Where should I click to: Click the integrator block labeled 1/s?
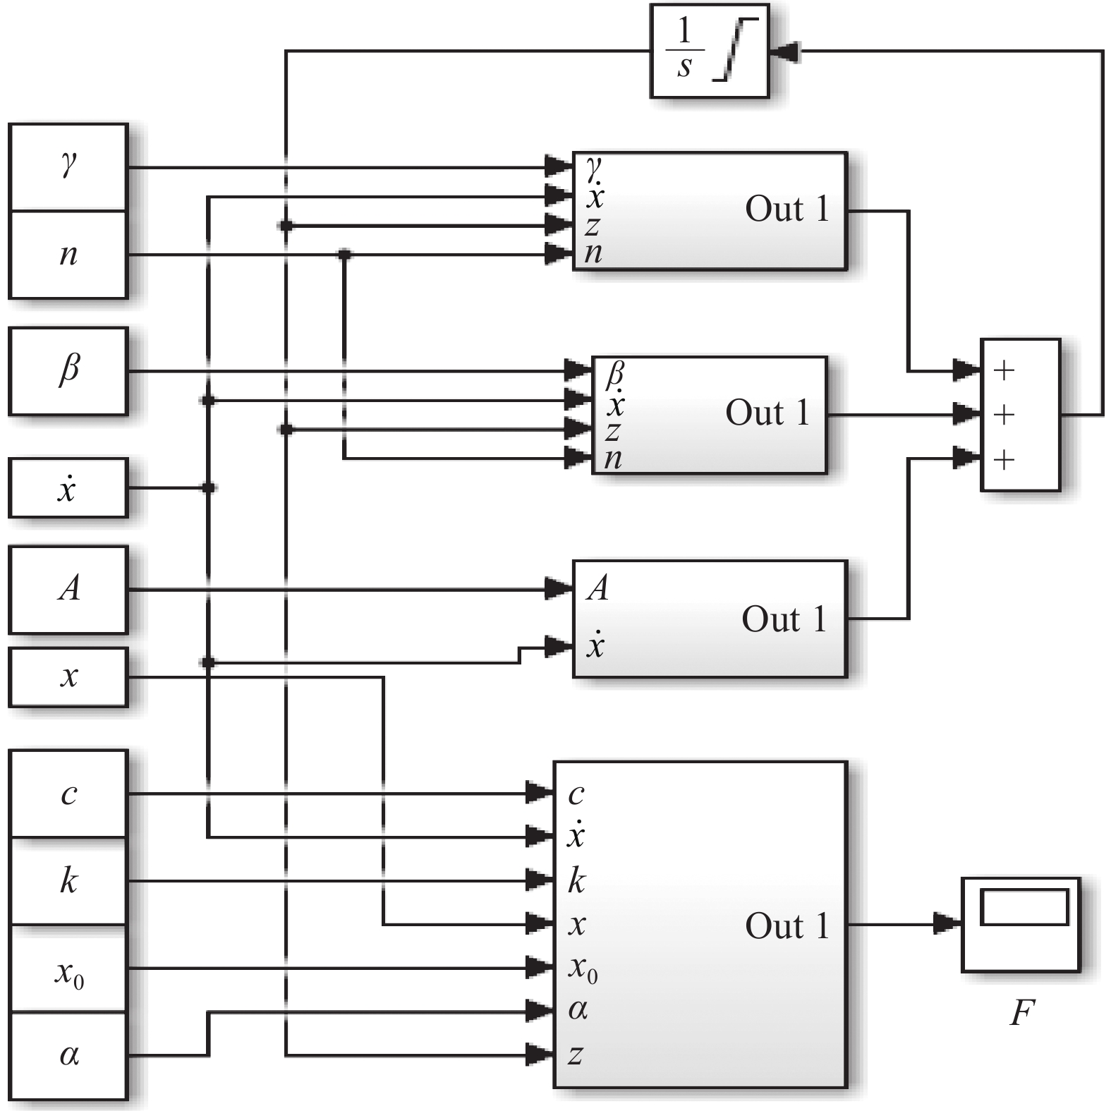coord(708,51)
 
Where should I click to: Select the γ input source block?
coord(68,167)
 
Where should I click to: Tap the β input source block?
coord(68,370)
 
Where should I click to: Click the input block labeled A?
coord(68,589)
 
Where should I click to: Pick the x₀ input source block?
coord(68,969)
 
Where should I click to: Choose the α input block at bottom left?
coord(68,1055)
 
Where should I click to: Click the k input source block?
coord(68,881)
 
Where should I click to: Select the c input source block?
coord(68,794)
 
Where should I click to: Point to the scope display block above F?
coord(1021,924)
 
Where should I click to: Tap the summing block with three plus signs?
coord(1020,414)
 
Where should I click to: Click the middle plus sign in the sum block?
coord(1003,415)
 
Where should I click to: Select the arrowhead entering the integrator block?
coord(784,51)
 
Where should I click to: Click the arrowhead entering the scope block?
coord(947,923)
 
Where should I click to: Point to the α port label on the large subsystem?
coord(578,1010)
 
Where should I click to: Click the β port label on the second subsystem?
coord(615,372)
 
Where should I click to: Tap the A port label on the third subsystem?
coord(597,588)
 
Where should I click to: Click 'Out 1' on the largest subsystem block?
coord(787,925)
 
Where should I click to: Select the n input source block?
coord(68,254)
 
